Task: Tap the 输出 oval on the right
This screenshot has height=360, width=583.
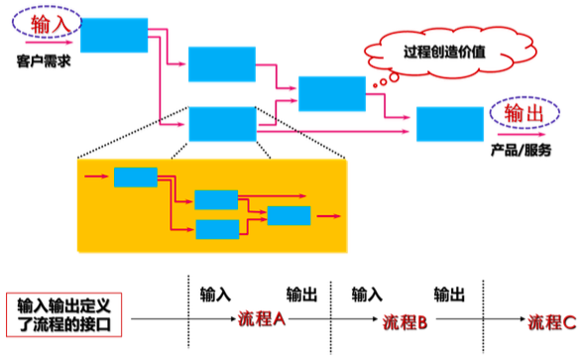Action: point(523,115)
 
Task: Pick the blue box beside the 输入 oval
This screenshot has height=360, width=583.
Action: point(114,35)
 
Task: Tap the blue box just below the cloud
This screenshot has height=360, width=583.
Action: point(331,92)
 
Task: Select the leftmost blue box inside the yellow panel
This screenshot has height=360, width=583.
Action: point(136,178)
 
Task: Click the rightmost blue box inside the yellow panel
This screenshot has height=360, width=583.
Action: point(289,214)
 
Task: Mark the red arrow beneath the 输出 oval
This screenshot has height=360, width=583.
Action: point(521,136)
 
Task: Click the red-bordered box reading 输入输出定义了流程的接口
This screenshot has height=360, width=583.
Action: point(64,316)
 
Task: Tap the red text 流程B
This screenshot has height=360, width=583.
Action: point(405,322)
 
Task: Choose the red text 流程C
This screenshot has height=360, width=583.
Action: point(551,322)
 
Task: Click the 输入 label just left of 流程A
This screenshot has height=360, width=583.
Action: point(215,295)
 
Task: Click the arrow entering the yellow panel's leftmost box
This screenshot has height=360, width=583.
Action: point(97,178)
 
